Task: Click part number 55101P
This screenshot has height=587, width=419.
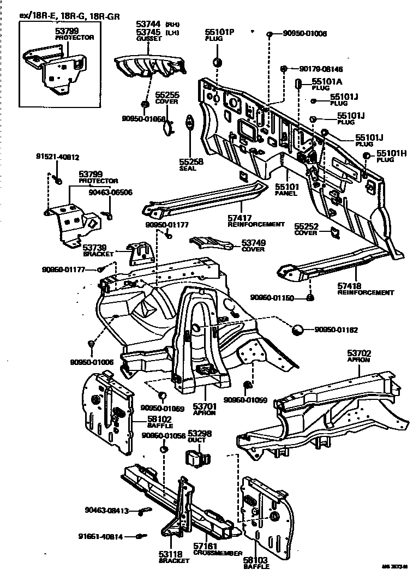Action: tap(219, 33)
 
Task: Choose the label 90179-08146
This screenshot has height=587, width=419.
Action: tap(321, 69)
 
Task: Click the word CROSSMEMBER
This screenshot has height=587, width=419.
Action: tap(218, 553)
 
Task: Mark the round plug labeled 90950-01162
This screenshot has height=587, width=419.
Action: tap(298, 330)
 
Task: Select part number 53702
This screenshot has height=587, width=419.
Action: tap(359, 354)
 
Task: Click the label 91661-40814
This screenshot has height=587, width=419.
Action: tap(100, 536)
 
